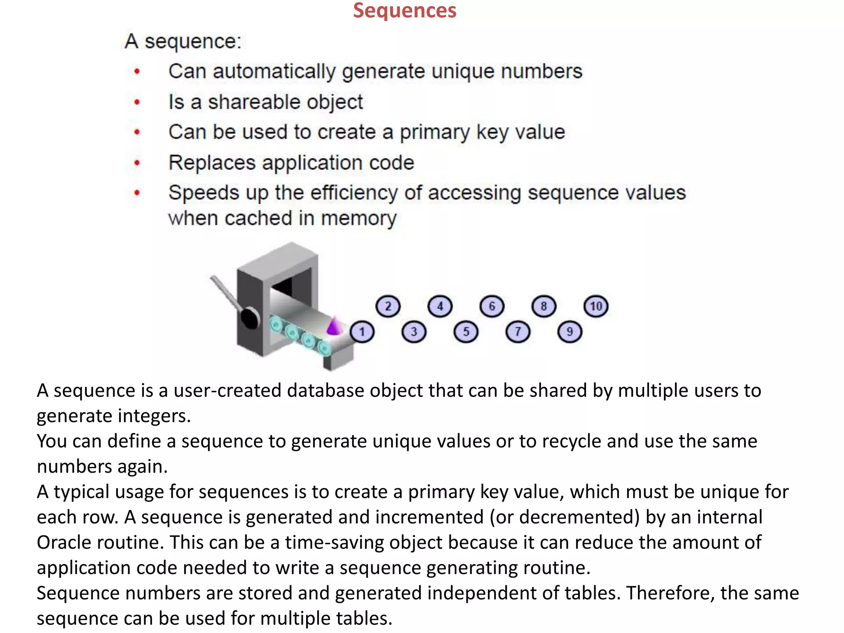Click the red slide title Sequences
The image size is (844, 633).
tap(405, 11)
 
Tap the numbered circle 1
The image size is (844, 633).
tap(362, 332)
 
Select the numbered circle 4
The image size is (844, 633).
tap(440, 306)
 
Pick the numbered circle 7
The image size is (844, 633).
tap(518, 332)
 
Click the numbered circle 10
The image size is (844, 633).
tap(596, 306)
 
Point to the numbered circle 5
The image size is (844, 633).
tap(466, 332)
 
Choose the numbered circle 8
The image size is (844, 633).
tap(544, 306)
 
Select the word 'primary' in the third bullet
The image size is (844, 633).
tap(435, 133)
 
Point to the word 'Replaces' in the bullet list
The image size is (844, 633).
tap(212, 162)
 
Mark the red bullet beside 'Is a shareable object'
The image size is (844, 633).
tap(137, 102)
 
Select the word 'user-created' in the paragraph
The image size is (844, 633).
tap(227, 390)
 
